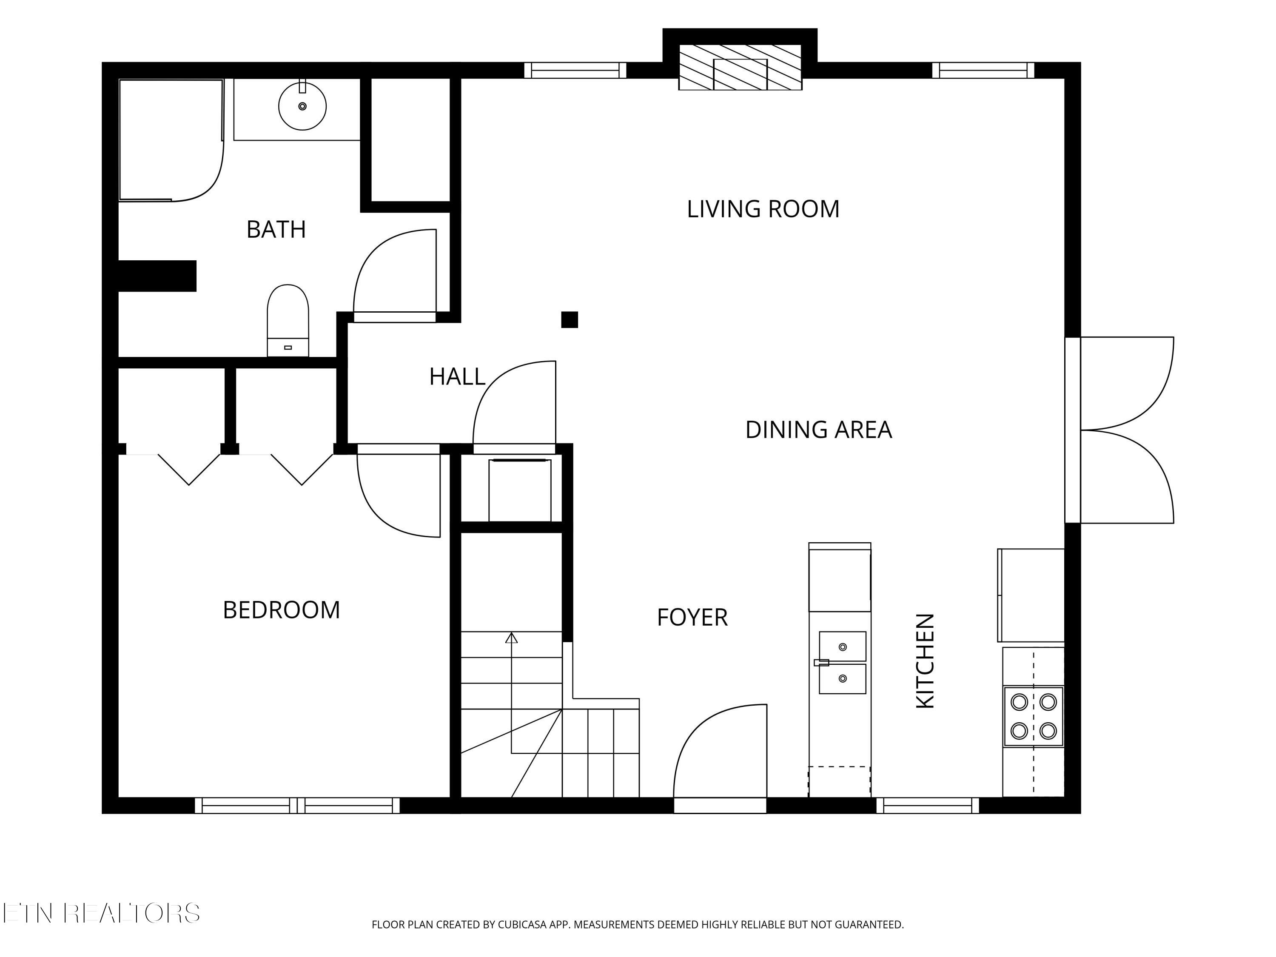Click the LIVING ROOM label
pyautogui.click(x=763, y=209)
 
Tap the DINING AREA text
pyautogui.click(x=819, y=430)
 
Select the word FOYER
pyautogui.click(x=692, y=617)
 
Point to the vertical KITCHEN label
pyautogui.click(x=925, y=661)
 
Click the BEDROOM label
pyautogui.click(x=282, y=610)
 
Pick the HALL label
pyautogui.click(x=457, y=377)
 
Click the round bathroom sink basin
pyautogui.click(x=302, y=106)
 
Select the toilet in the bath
pyautogui.click(x=288, y=320)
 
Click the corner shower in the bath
pyautogui.click(x=171, y=140)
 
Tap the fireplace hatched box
pyautogui.click(x=740, y=68)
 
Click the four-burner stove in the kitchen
pyautogui.click(x=1033, y=716)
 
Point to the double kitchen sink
pyautogui.click(x=842, y=663)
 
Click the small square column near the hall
pyautogui.click(x=570, y=319)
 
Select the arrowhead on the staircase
pyautogui.click(x=511, y=638)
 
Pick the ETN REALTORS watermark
pyautogui.click(x=101, y=913)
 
